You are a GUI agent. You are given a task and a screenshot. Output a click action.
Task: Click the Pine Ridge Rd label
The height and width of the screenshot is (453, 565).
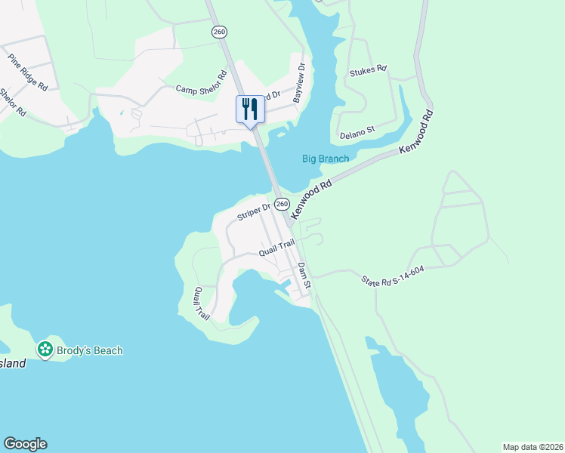click(x=28, y=72)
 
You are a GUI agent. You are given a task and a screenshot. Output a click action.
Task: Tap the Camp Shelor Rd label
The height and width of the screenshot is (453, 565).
click(x=202, y=82)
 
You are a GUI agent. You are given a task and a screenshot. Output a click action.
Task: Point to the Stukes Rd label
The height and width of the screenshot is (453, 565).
click(x=368, y=69)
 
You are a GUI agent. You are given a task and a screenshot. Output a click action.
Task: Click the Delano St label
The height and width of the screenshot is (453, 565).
click(x=357, y=132)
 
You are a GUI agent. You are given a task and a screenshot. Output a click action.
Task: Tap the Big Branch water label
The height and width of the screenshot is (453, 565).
click(x=326, y=159)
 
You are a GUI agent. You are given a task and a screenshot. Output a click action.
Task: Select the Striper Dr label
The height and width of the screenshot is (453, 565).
click(x=253, y=211)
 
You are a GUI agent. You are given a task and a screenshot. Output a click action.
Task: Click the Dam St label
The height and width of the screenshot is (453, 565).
click(x=304, y=276)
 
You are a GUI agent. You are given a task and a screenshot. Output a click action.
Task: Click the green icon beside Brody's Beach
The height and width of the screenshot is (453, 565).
click(x=45, y=350)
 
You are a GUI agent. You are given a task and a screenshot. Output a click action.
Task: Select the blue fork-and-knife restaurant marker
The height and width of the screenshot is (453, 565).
click(x=250, y=110)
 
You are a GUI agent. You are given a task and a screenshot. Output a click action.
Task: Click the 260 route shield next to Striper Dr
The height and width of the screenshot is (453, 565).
click(x=282, y=204)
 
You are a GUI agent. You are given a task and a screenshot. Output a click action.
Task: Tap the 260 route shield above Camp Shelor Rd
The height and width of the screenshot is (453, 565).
click(x=220, y=32)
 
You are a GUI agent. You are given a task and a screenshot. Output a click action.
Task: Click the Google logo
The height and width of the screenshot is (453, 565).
click(x=25, y=444)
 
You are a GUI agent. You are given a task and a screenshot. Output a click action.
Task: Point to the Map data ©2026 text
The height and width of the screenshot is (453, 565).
click(x=533, y=447)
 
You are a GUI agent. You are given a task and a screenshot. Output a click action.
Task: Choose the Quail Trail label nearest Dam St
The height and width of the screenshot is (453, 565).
click(x=276, y=247)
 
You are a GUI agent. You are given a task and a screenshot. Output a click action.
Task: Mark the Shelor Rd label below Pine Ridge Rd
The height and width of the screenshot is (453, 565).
click(x=13, y=102)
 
